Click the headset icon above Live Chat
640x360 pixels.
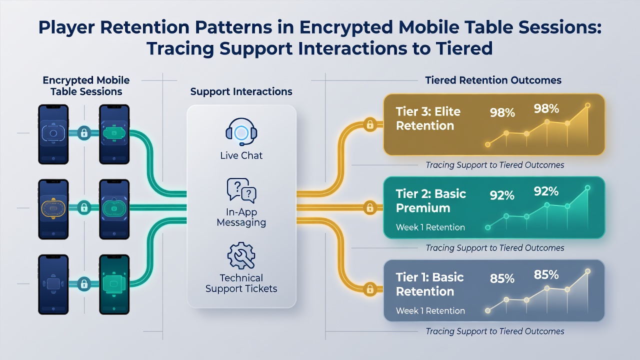[241, 131]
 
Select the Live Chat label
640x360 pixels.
[241, 155]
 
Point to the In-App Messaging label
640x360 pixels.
[241, 217]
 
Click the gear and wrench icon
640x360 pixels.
[241, 255]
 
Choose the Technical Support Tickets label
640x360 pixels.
[241, 283]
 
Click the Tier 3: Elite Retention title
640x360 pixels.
[428, 118]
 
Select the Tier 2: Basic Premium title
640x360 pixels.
[431, 201]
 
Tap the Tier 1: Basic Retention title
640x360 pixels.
[429, 284]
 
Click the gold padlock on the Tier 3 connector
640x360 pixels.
[370, 124]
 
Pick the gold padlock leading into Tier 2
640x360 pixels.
[370, 207]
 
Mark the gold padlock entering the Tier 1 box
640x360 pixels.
[370, 289]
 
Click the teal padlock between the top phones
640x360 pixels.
[84, 133]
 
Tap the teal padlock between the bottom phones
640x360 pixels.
[84, 283]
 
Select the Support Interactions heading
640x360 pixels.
[241, 91]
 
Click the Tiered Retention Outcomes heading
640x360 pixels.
[493, 80]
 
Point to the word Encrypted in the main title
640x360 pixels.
[345, 27]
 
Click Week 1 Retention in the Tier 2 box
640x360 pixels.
[430, 227]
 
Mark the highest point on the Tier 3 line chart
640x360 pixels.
[587, 105]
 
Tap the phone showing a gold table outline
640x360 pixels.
[53, 209]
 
